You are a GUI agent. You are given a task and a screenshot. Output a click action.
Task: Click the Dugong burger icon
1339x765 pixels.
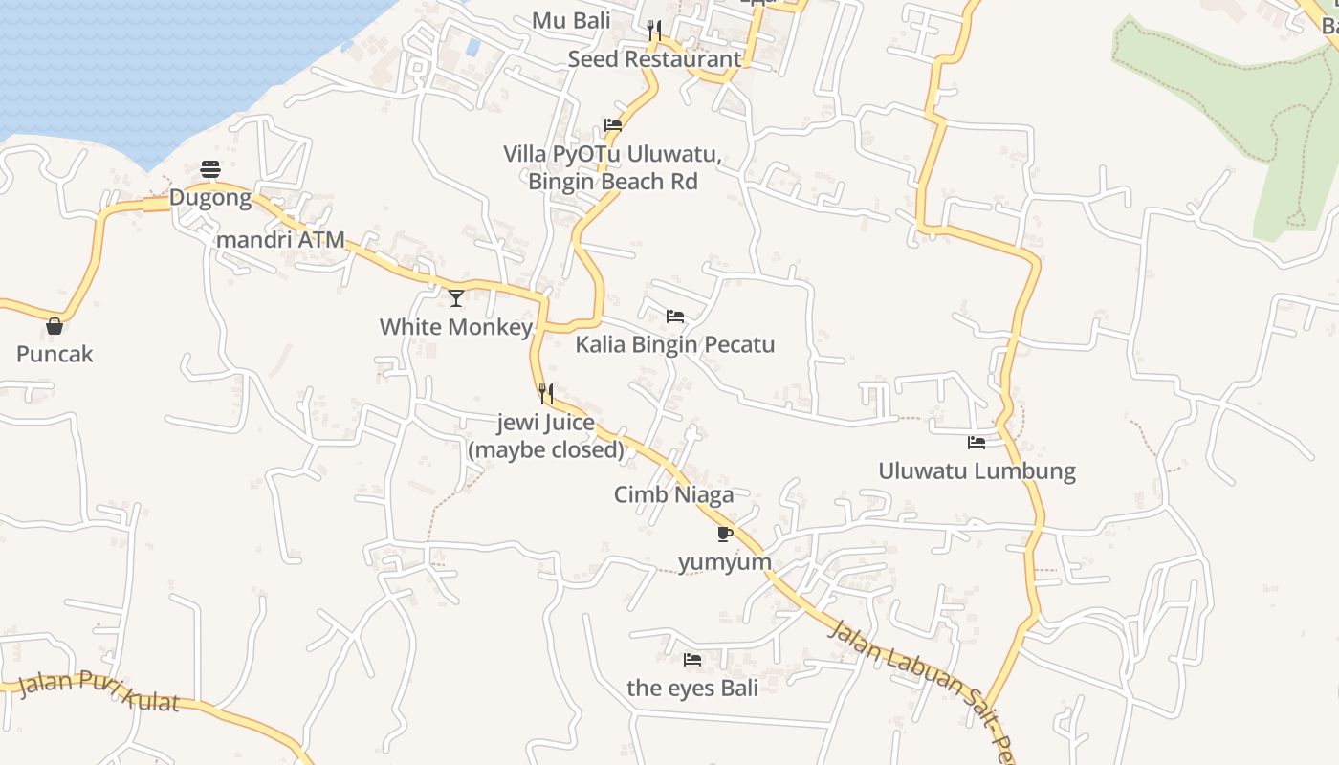click(x=210, y=170)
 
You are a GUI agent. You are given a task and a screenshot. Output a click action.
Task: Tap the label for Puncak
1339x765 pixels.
click(x=55, y=354)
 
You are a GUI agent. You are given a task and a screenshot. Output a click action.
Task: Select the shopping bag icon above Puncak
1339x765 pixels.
click(x=55, y=326)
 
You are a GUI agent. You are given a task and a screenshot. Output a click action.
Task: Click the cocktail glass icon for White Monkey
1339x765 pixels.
click(x=456, y=298)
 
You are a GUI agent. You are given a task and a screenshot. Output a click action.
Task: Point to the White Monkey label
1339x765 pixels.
click(x=455, y=327)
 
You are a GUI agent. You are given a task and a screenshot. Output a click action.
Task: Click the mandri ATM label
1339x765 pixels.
click(x=280, y=240)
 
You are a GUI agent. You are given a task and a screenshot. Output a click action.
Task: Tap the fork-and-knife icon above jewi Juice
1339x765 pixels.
click(x=546, y=394)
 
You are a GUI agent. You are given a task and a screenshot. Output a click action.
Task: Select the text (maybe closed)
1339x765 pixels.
click(x=546, y=449)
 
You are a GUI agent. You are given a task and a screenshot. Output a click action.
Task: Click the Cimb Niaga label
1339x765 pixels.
click(x=674, y=494)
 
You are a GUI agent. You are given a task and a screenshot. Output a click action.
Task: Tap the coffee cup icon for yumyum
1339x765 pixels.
click(x=725, y=534)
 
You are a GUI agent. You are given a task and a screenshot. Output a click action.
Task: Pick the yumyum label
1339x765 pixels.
click(x=725, y=561)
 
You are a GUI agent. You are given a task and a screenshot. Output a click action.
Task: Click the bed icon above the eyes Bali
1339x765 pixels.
click(x=692, y=660)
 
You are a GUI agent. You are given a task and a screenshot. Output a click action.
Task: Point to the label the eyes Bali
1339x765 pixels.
click(x=692, y=688)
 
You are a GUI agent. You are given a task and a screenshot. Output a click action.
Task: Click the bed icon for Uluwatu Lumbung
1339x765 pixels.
click(x=977, y=443)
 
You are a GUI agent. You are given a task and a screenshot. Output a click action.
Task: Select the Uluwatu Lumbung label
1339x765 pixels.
click(x=977, y=471)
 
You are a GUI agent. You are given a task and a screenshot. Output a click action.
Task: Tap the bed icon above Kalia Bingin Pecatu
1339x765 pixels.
click(x=675, y=317)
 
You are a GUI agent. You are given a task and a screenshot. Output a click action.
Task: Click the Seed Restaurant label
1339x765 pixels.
click(x=654, y=59)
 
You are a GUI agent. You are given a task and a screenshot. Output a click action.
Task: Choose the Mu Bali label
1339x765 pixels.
click(x=571, y=21)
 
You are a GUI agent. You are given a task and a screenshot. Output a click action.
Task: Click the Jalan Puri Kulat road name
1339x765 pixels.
click(x=99, y=693)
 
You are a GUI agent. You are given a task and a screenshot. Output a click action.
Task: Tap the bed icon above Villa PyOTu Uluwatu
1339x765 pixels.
click(x=613, y=125)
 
